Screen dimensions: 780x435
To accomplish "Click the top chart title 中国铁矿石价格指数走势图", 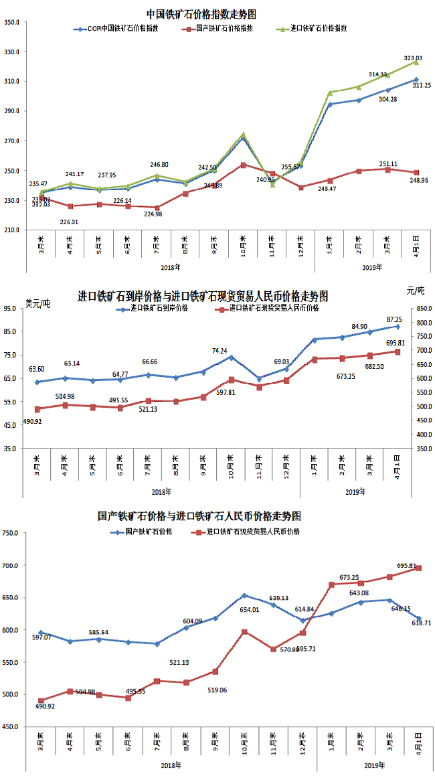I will pos(201,13).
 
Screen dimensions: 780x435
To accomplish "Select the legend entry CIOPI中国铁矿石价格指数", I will pos(121,29).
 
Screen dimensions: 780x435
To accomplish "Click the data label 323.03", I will pos(414,58).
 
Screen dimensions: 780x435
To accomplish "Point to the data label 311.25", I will pos(422,86).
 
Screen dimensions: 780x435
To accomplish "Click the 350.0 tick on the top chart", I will pos(11,23).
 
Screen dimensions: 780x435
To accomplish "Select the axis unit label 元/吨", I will pos(416,291).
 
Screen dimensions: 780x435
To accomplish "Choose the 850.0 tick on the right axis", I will pos(422,309).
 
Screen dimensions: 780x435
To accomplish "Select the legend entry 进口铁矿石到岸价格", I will pos(159,309).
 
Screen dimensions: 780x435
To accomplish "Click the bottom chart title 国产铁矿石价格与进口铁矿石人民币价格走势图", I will pos(199,516).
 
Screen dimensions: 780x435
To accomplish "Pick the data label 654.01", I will pos(250,609).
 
